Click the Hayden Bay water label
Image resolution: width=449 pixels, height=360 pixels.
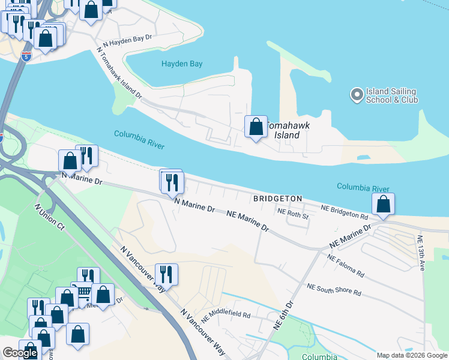pyautogui.click(x=182, y=64)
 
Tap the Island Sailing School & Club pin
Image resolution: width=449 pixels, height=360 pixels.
pyautogui.click(x=357, y=95)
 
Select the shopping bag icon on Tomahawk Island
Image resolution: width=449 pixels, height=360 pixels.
pyautogui.click(x=256, y=127)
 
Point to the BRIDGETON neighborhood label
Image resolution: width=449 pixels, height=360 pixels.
pyautogui.click(x=277, y=199)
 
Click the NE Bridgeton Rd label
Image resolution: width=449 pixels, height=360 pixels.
pyautogui.click(x=344, y=212)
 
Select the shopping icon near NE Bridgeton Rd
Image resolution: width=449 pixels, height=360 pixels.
pyautogui.click(x=383, y=204)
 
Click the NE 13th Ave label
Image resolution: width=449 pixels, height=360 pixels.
pyautogui.click(x=421, y=253)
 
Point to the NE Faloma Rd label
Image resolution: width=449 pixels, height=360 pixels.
pyautogui.click(x=345, y=265)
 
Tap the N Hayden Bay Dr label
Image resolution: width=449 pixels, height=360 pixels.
pyautogui.click(x=128, y=40)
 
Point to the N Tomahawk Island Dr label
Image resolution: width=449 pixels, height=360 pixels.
pyautogui.click(x=118, y=74)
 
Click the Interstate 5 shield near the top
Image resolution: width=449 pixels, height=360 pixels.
pyautogui.click(x=26, y=56)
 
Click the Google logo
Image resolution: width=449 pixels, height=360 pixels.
pyautogui.click(x=20, y=353)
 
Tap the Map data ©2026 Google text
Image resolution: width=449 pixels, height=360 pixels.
pyautogui.click(x=411, y=355)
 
